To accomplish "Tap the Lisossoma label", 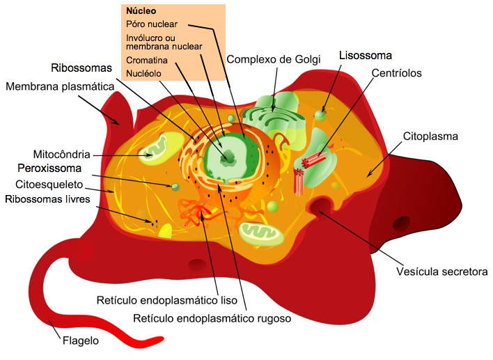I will click(366, 54).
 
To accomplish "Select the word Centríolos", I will click(396, 72).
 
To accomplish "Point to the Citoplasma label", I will click(430, 136).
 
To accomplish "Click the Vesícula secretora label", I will click(442, 272).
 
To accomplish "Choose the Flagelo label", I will click(79, 341).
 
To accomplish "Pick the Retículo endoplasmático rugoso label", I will click(211, 319).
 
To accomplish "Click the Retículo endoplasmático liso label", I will click(166, 301).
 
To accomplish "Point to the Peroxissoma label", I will click(50, 168).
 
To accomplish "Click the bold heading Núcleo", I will click(141, 12).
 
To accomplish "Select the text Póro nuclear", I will click(152, 24).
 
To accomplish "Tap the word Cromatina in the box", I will click(146, 60).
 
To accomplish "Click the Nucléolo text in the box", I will click(144, 72).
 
